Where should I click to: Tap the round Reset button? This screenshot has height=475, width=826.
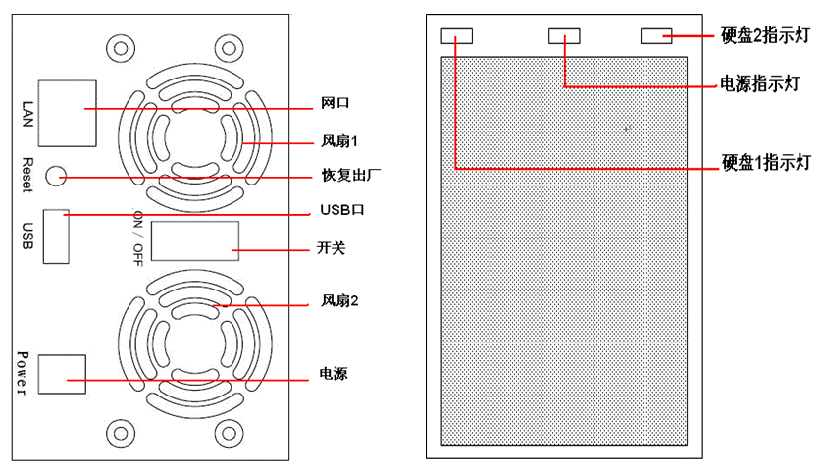click(x=56, y=177)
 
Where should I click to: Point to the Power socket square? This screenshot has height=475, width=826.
click(x=62, y=374)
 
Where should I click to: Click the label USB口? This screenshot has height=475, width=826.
click(x=341, y=211)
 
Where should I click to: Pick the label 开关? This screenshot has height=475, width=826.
click(x=334, y=248)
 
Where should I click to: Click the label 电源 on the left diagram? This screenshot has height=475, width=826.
click(x=333, y=374)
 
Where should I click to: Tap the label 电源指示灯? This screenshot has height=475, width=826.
click(x=759, y=84)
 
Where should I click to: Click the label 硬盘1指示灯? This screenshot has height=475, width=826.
click(x=765, y=163)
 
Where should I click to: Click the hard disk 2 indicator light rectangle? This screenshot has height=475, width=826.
click(x=655, y=35)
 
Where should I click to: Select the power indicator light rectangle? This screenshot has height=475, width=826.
click(x=564, y=35)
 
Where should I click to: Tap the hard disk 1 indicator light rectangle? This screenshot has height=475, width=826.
click(x=457, y=35)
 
